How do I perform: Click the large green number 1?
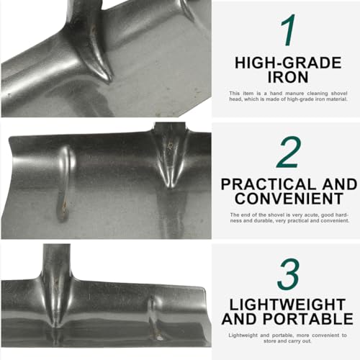click(288, 30)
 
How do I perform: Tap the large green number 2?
click(288, 152)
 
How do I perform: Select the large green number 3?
click(288, 274)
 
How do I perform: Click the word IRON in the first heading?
click(288, 77)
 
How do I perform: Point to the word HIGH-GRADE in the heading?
click(288, 63)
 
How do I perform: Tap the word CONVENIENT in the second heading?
click(289, 199)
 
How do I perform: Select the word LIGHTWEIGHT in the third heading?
click(287, 305)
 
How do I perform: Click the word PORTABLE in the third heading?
click(308, 319)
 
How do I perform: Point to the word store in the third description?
click(269, 341)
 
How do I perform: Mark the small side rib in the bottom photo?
click(154, 317)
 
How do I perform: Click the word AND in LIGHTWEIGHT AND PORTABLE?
click(240, 319)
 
